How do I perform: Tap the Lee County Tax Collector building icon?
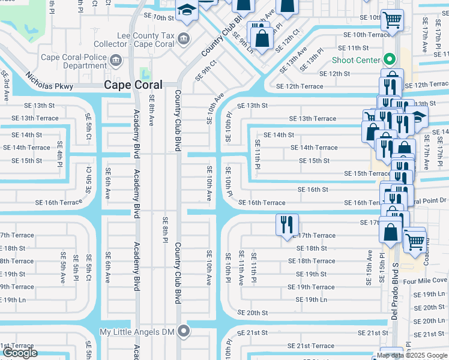click(184, 40)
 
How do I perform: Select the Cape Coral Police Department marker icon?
click(116, 61)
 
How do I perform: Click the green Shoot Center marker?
click(389, 60)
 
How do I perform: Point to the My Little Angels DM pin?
click(184, 331)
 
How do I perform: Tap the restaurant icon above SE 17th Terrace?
click(287, 224)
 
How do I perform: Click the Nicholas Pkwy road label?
click(49, 82)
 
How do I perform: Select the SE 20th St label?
click(252, 313)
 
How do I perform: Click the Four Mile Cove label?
click(425, 280)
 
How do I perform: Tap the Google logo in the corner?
click(20, 352)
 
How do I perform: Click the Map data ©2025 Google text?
click(412, 355)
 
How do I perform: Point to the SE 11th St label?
click(353, 47)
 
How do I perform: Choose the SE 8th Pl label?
click(164, 230)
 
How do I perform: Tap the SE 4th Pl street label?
click(60, 154)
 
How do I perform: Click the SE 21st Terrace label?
click(311, 346)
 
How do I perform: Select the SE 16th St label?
click(313, 189)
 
